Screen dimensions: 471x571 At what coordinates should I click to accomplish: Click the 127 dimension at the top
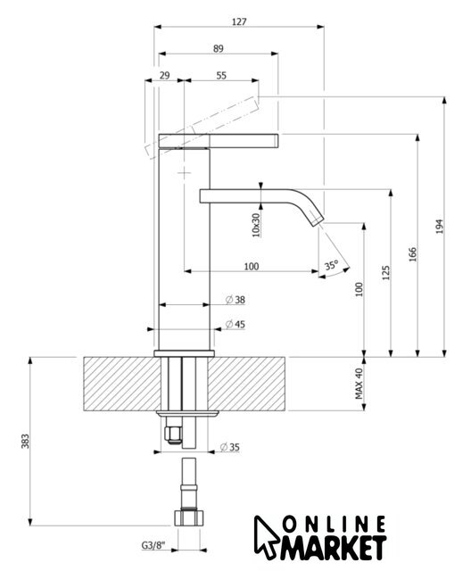pos(239,21)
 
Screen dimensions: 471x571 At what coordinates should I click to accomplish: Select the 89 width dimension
pos(218,48)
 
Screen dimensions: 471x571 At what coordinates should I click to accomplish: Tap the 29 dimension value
pos(164,75)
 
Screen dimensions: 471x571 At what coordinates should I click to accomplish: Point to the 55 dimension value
pos(221,75)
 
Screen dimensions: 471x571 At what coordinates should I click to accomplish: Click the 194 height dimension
pos(440,226)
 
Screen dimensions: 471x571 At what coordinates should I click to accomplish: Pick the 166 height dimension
pos(412,255)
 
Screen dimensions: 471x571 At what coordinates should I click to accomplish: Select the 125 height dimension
pos(386,272)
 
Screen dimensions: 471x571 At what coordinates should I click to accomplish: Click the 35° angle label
pos(332,265)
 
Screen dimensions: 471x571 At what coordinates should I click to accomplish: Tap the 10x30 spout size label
pos(256,225)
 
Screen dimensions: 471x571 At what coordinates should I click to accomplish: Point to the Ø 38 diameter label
pos(235,300)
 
